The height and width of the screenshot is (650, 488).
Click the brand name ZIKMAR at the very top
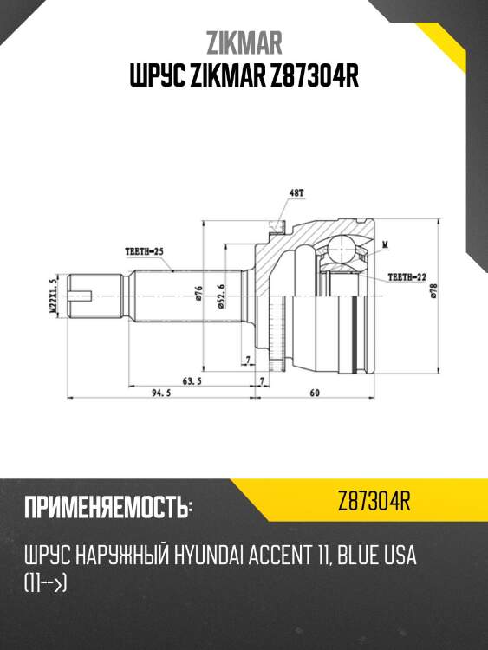click(x=244, y=42)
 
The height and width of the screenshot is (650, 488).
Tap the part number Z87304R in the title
click(x=309, y=77)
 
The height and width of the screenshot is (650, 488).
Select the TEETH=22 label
click(x=406, y=278)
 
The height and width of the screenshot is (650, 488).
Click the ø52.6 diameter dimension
click(x=223, y=296)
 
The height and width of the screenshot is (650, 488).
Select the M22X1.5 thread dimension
click(x=51, y=296)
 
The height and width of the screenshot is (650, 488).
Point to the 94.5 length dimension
click(x=158, y=393)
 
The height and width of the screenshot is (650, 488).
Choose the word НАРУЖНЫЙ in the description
click(x=118, y=556)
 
